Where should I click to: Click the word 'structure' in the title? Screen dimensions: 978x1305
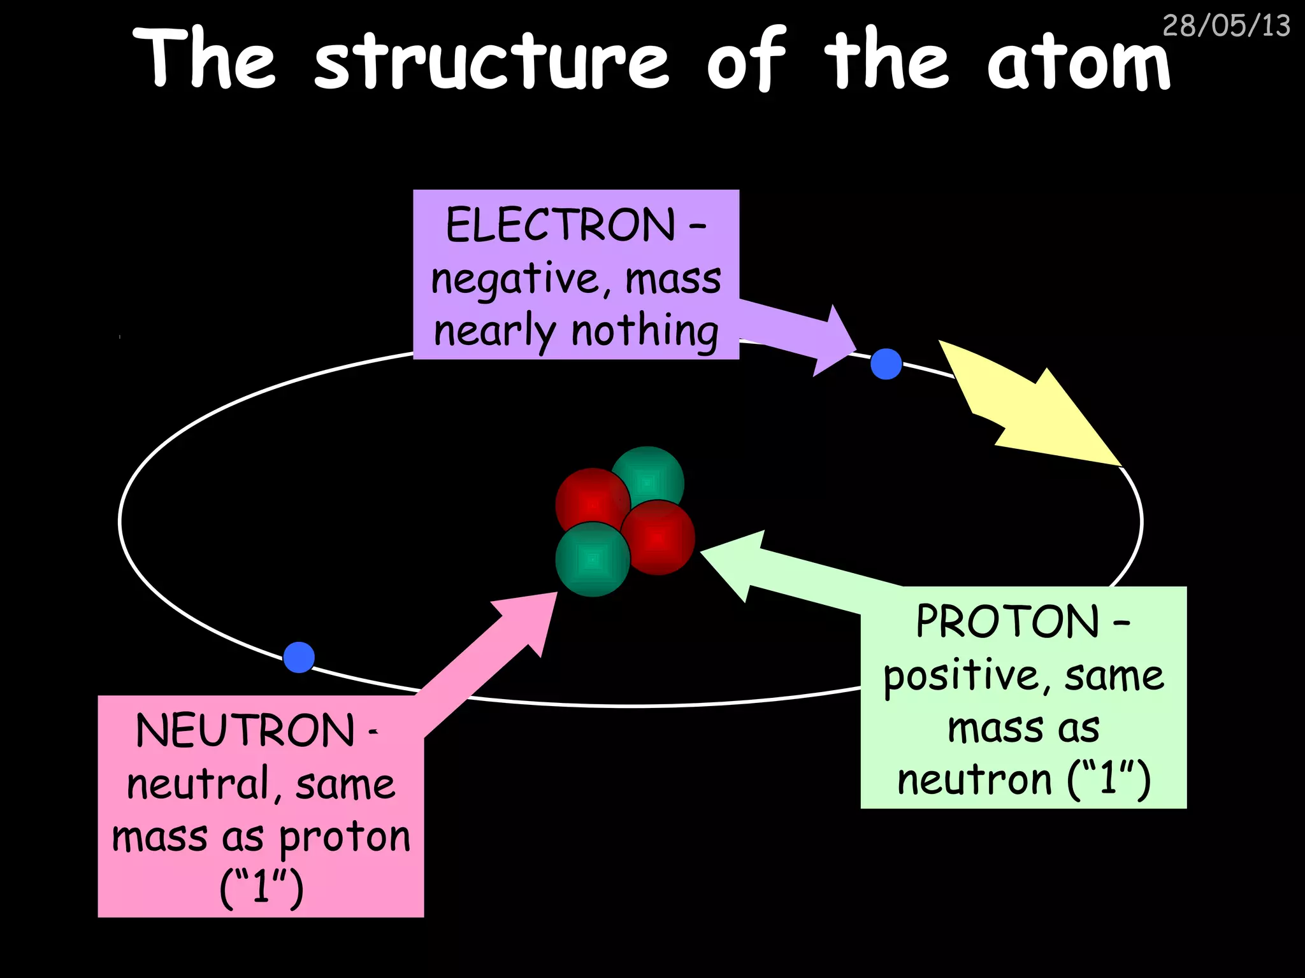pyautogui.click(x=491, y=60)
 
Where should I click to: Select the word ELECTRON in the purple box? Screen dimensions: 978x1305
pyautogui.click(x=560, y=225)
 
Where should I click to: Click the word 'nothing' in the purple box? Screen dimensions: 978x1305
pyautogui.click(x=644, y=331)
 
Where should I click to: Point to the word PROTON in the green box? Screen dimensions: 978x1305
pyautogui.click(x=1007, y=621)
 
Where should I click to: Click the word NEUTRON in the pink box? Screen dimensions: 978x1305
pyautogui.click(x=245, y=731)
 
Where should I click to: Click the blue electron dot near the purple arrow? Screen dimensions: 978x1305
pyautogui.click(x=886, y=364)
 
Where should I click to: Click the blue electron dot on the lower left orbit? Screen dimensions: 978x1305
pyautogui.click(x=299, y=657)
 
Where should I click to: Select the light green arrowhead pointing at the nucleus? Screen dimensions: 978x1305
pyautogui.click(x=739, y=563)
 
